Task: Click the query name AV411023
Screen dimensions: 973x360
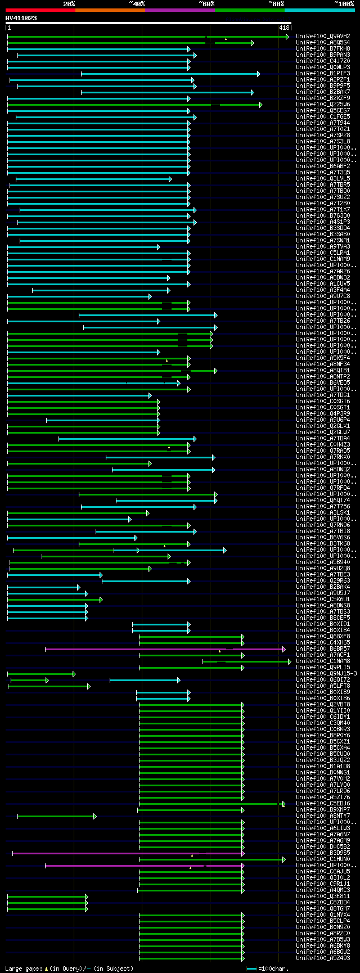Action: coord(21,18)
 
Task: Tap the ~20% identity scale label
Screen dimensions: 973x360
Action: coord(69,3)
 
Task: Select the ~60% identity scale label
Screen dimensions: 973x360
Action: coord(206,3)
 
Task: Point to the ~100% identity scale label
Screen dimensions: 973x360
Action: coord(344,3)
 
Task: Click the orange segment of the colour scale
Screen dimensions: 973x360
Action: coord(110,10)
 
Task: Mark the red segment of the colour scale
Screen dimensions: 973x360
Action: coord(40,10)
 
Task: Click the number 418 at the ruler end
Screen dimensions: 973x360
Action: coord(284,28)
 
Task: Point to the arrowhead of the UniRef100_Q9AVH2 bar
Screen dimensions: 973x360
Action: coord(287,37)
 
